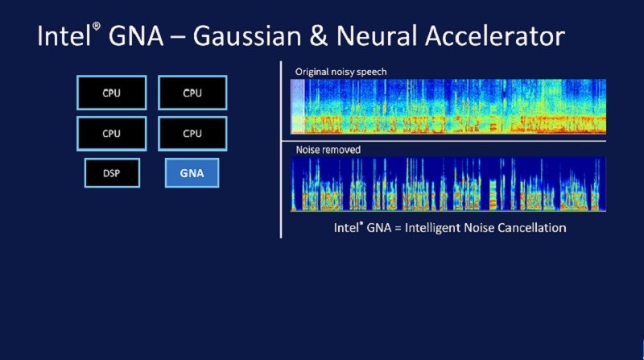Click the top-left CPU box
coord(112,93)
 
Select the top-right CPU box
coord(192,93)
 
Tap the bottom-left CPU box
coord(112,134)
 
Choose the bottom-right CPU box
coord(192,134)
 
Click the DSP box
coord(112,172)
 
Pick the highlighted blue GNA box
coord(192,172)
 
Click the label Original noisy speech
coord(341,72)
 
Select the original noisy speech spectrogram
coord(448,106)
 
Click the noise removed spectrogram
coord(448,184)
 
